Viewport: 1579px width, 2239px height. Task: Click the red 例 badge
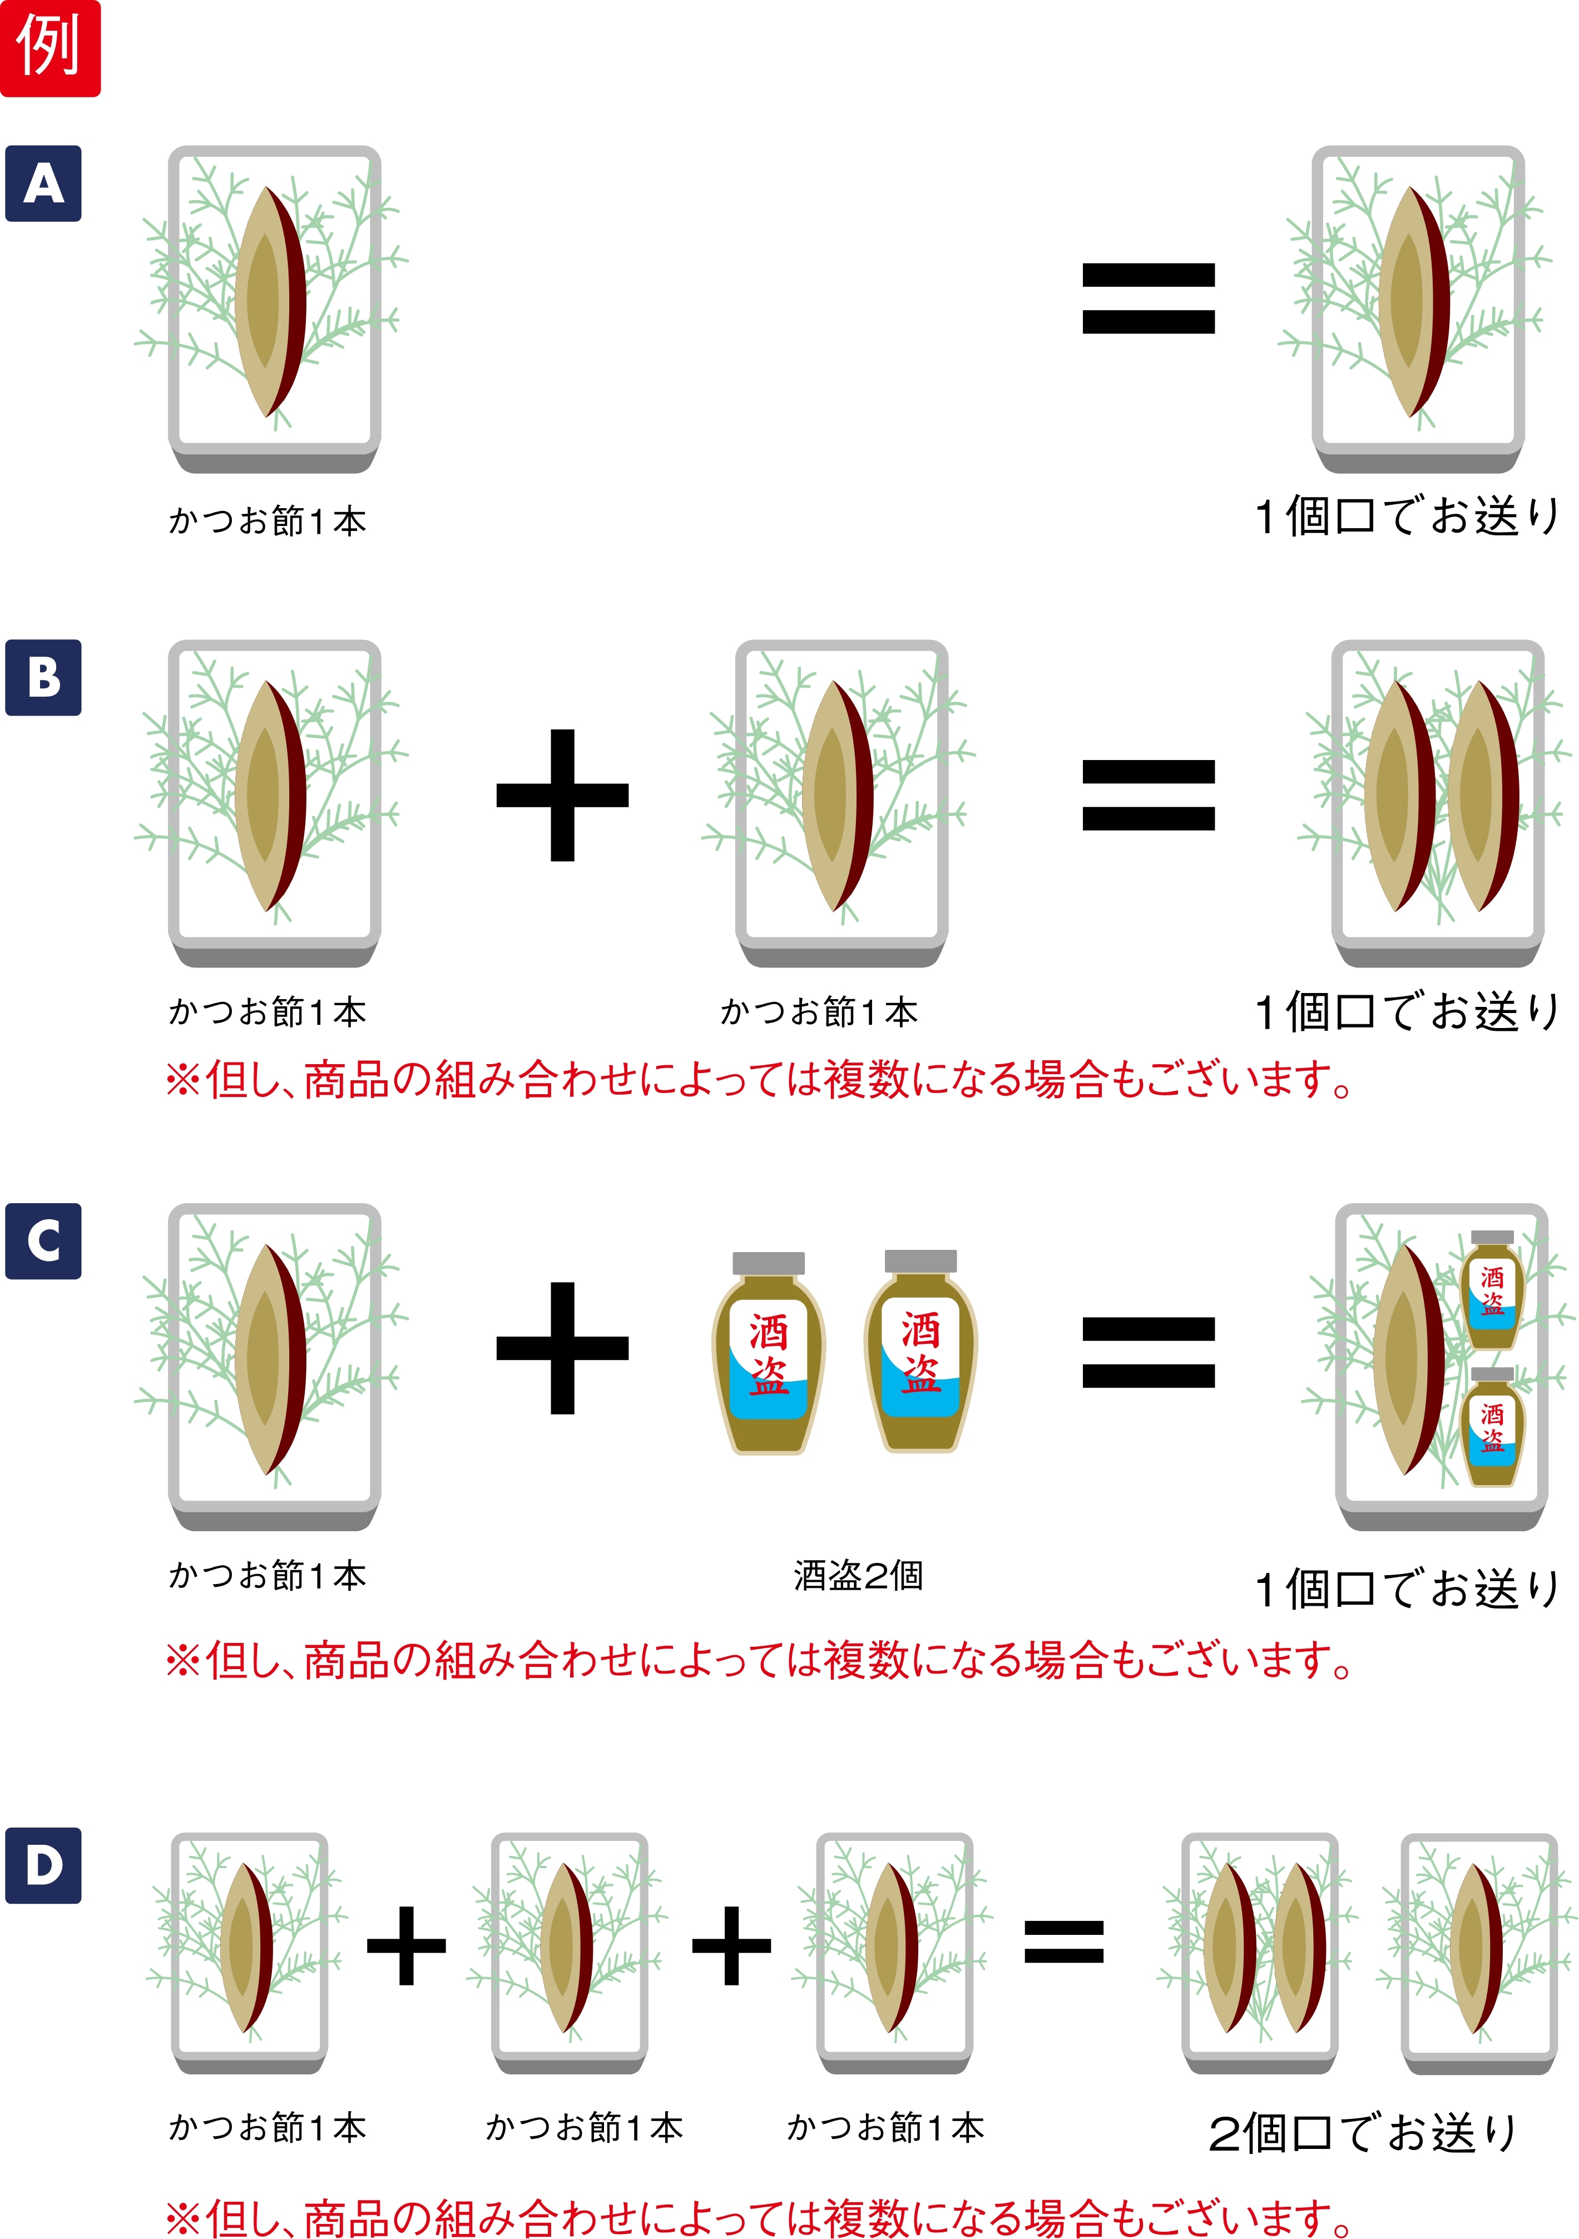pyautogui.click(x=50, y=48)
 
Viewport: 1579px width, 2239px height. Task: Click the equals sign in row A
pyautogui.click(x=1148, y=299)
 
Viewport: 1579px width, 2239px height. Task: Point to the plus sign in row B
pyautogui.click(x=563, y=795)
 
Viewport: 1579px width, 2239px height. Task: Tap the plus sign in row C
pyautogui.click(x=563, y=1348)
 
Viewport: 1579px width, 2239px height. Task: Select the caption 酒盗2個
pyautogui.click(x=858, y=1576)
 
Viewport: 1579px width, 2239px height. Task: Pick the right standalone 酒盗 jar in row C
pyautogui.click(x=920, y=1352)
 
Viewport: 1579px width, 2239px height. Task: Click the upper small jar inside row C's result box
pyautogui.click(x=1492, y=1289)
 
